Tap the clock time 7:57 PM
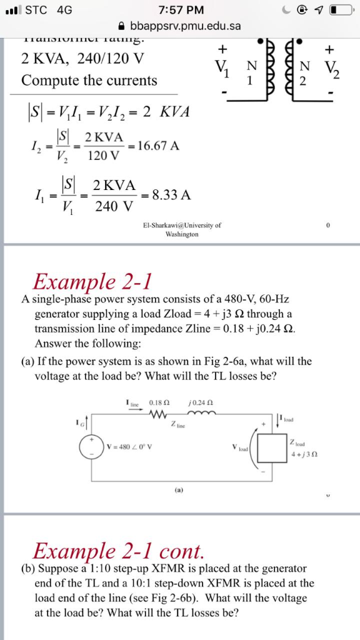pyautogui.click(x=179, y=11)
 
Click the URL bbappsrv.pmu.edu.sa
pyautogui.click(x=185, y=27)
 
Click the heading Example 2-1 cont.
pyautogui.click(x=119, y=551)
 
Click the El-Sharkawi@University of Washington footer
pyautogui.click(x=181, y=229)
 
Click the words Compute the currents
pyautogui.click(x=89, y=81)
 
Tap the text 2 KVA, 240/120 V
pyautogui.click(x=82, y=59)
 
